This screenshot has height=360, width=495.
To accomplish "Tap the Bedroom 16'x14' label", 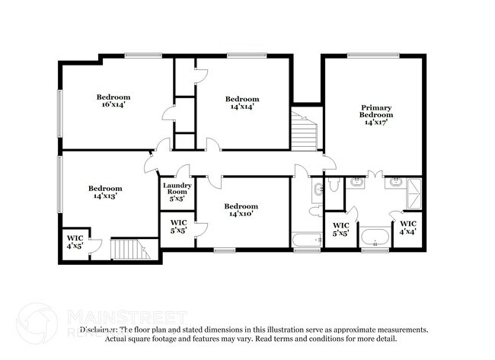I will [113, 101].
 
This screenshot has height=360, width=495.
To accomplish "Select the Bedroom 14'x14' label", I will [242, 103].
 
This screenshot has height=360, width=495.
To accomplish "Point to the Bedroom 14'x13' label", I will [104, 192].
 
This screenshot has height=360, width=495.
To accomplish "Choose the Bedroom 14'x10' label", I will [241, 210].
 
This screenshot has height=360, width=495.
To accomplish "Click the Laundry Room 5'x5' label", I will [177, 192].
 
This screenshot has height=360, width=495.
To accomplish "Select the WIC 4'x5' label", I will [75, 242].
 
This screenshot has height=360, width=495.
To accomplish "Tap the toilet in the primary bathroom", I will [333, 184].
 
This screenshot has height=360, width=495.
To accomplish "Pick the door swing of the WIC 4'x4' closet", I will [397, 215].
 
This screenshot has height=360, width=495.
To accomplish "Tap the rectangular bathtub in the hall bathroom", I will [308, 241].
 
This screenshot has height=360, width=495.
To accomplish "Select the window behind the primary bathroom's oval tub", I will [374, 250].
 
